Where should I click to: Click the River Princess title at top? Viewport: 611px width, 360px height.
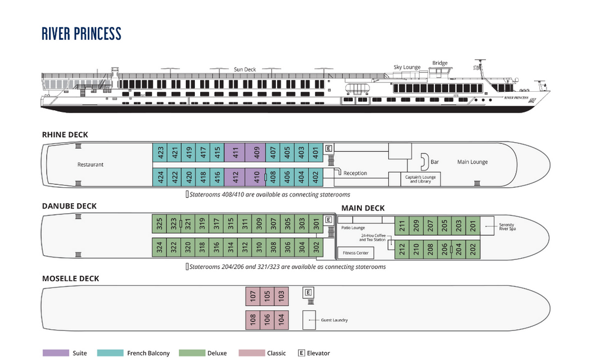(82, 34)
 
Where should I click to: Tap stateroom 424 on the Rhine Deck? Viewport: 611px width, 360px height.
(160, 176)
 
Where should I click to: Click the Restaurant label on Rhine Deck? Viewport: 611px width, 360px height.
(91, 165)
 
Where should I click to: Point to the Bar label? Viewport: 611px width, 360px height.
(435, 162)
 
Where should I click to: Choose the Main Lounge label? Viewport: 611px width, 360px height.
(472, 162)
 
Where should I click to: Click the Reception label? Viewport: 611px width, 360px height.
(355, 173)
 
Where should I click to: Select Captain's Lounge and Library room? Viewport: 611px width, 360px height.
(420, 179)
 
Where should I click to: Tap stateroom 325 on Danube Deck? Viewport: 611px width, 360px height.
(159, 224)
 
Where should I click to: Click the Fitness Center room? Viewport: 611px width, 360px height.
(356, 253)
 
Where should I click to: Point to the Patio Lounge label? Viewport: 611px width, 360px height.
(353, 228)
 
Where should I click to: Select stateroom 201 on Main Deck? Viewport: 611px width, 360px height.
(472, 225)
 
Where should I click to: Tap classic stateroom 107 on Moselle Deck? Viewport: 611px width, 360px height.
(253, 295)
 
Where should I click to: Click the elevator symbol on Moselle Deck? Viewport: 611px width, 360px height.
(308, 292)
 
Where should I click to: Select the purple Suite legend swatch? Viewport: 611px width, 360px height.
(56, 353)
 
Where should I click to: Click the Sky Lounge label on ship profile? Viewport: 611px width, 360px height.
(407, 67)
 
